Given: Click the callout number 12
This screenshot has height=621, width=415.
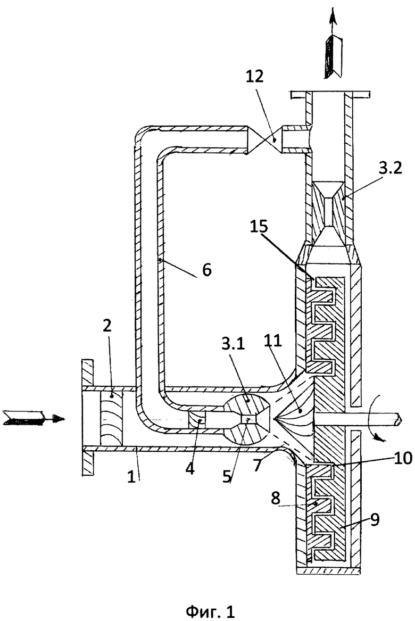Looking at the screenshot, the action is (x=254, y=77).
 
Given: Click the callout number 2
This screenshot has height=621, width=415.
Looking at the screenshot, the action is (x=107, y=326).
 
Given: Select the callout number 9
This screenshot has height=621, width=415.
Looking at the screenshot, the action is (x=375, y=519).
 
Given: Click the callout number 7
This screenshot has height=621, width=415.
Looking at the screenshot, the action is (x=258, y=465).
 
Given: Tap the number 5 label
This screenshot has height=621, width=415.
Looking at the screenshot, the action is (x=227, y=476).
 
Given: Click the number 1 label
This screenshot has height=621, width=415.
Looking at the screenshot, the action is (x=131, y=476).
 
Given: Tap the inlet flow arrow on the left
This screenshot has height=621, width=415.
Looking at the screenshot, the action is (x=34, y=418).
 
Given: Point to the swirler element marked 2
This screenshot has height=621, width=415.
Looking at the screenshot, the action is (x=111, y=418).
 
